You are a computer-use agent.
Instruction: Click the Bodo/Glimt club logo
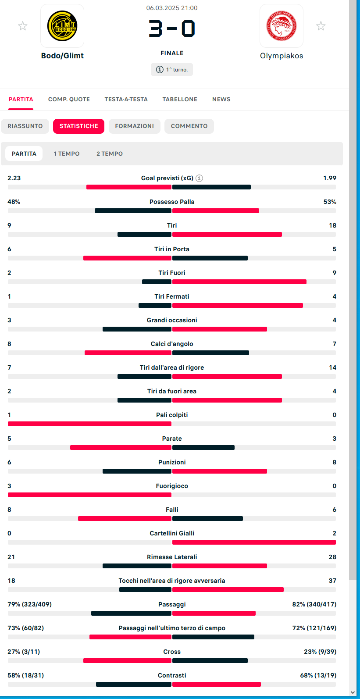click(x=62, y=26)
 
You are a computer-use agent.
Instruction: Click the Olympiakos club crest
click(x=282, y=26)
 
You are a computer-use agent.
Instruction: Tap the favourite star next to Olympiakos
click(x=321, y=26)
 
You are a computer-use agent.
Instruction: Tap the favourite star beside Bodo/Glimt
click(x=22, y=26)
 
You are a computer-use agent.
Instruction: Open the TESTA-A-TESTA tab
click(x=126, y=99)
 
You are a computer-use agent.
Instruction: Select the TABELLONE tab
click(x=180, y=99)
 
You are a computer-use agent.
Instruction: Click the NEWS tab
click(x=221, y=99)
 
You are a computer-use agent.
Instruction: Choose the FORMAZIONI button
click(x=135, y=126)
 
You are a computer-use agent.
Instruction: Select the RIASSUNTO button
click(x=25, y=126)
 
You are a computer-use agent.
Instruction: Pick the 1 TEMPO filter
click(x=67, y=153)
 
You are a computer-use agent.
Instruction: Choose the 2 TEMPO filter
click(x=110, y=153)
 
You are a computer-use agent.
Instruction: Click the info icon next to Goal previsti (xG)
click(x=200, y=178)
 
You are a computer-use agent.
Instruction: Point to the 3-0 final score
click(x=172, y=29)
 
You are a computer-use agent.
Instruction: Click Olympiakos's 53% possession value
click(x=330, y=202)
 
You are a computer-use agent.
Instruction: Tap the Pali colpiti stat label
click(x=172, y=415)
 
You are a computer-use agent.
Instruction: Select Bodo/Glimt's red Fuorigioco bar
click(x=89, y=495)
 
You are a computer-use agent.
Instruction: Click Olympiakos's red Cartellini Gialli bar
click(x=254, y=542)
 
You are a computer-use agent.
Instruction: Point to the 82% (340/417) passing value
click(x=314, y=604)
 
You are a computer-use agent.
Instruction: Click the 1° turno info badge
click(x=172, y=70)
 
